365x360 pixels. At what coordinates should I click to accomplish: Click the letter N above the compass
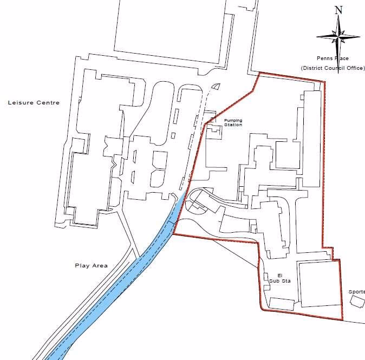tap(339, 10)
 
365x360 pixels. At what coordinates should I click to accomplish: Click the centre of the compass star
tap(338, 36)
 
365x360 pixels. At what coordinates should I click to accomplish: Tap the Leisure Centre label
tap(34, 102)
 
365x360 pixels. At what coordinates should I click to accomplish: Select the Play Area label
tap(91, 266)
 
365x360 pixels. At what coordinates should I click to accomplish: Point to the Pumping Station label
tap(233, 122)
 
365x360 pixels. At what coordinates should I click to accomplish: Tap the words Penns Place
tap(333, 58)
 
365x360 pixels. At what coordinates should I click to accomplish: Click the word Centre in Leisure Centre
tap(49, 102)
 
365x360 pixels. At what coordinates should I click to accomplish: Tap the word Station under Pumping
tap(233, 125)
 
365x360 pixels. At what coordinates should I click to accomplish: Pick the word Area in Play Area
tap(100, 266)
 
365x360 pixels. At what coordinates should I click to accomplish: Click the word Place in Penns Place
tap(342, 58)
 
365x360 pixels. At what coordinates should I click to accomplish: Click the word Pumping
tap(233, 120)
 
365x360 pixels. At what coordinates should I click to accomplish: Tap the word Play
tap(81, 266)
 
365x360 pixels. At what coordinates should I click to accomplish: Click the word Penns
tap(325, 58)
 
